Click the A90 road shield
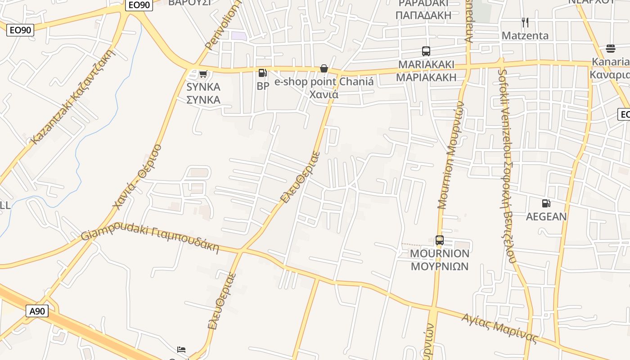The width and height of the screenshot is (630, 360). click(x=37, y=311)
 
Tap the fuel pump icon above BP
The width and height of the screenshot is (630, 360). click(x=262, y=72)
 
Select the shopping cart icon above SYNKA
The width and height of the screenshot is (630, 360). click(x=203, y=74)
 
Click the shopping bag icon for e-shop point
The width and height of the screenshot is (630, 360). click(x=324, y=68)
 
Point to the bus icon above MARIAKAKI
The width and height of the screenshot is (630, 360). click(x=426, y=51)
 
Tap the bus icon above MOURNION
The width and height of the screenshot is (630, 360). click(x=440, y=240)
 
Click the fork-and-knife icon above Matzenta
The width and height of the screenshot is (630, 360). click(x=525, y=22)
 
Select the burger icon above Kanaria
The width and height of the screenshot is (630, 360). click(x=611, y=48)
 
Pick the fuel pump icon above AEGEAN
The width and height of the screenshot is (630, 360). click(x=546, y=203)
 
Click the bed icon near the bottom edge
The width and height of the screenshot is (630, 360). click(x=181, y=350)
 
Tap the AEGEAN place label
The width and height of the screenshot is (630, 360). click(x=546, y=217)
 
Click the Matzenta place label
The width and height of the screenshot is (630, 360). click(x=525, y=36)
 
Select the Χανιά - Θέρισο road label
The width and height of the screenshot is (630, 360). click(x=137, y=177)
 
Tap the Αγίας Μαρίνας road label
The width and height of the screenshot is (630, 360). click(x=499, y=329)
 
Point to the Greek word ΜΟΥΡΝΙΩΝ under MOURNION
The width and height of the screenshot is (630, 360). click(x=440, y=266)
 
